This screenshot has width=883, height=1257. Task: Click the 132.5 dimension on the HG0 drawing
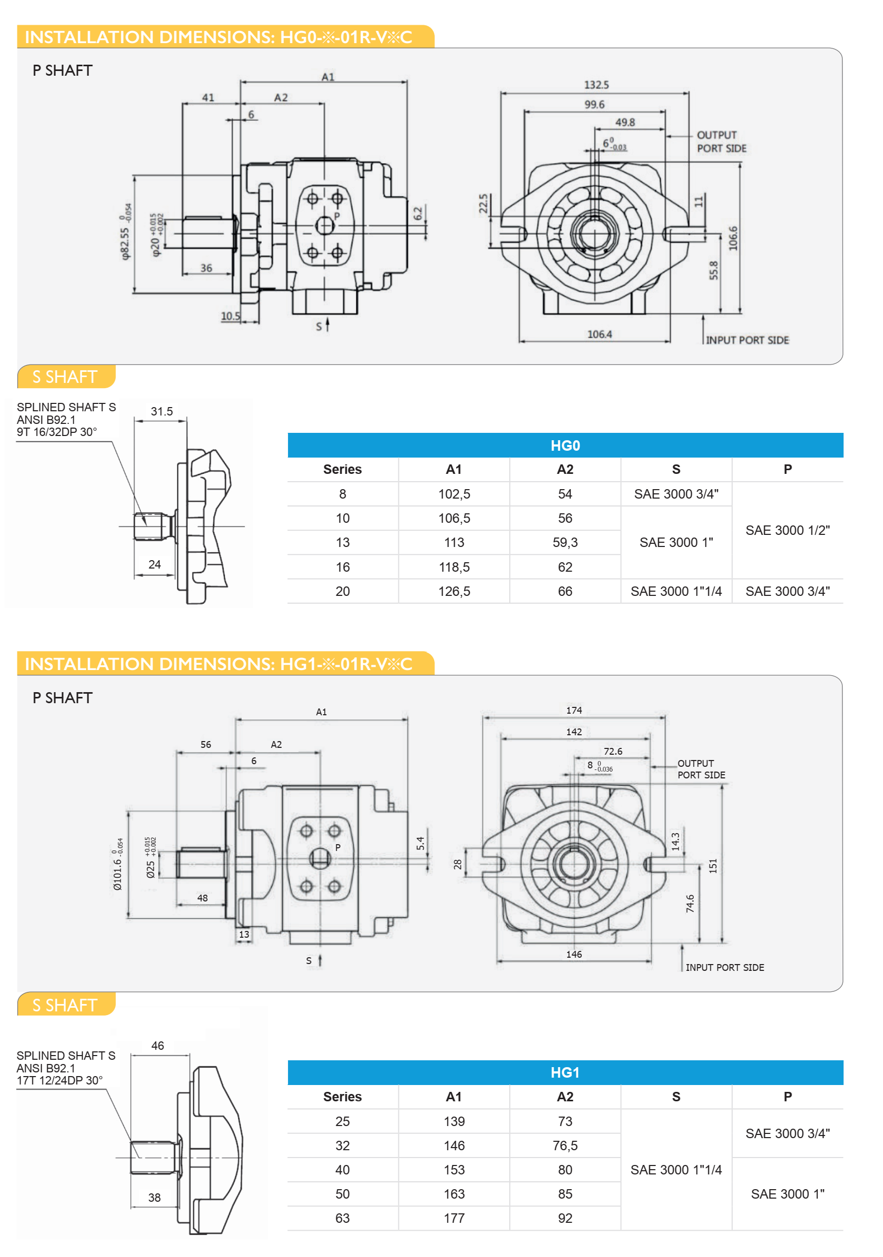coord(596,85)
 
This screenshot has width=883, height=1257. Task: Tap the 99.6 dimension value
coord(594,105)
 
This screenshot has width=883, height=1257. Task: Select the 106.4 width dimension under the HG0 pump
coord(599,334)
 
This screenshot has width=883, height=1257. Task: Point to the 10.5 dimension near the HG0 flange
coord(230,317)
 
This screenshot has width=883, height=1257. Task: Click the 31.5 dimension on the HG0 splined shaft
coord(161,411)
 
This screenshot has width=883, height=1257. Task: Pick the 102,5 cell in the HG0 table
coord(454,494)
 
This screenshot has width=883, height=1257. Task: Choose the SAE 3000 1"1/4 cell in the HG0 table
coord(676,591)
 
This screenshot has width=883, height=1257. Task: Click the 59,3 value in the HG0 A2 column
coord(564,543)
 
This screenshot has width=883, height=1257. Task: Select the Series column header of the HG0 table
coord(342,469)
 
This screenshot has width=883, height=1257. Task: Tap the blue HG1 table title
coord(564,1072)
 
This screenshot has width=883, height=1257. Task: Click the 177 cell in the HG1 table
coord(454,1218)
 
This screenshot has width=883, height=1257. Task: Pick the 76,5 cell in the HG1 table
coord(564,1146)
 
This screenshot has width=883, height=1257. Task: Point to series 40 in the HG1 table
coord(342,1170)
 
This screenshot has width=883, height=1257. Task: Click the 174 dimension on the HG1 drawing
coord(573,710)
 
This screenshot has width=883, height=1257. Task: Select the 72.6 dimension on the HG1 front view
coord(612,751)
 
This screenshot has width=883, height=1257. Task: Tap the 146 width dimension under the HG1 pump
coord(573,954)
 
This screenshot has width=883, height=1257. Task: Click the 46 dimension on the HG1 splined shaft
coord(158,1046)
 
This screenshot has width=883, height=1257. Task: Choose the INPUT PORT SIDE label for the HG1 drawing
coord(724,967)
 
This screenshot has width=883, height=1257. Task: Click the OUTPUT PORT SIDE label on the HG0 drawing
coord(721,141)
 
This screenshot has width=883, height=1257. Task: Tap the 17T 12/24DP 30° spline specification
coord(59,1080)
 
